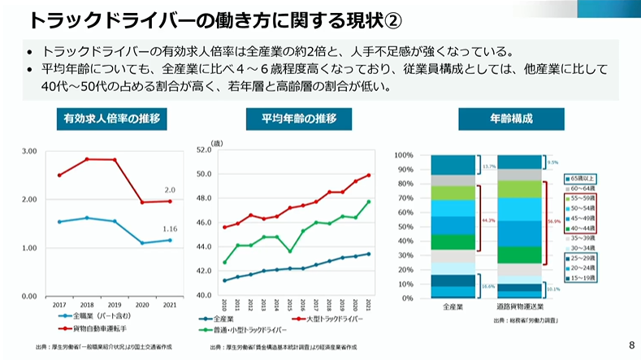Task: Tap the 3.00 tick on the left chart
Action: pos(30,151)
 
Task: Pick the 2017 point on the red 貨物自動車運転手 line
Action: pos(59,175)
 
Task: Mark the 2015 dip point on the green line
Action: pos(290,251)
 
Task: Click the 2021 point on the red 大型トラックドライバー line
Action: pos(369,175)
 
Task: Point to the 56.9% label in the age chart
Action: pos(554,219)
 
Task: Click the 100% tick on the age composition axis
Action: pos(404,154)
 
